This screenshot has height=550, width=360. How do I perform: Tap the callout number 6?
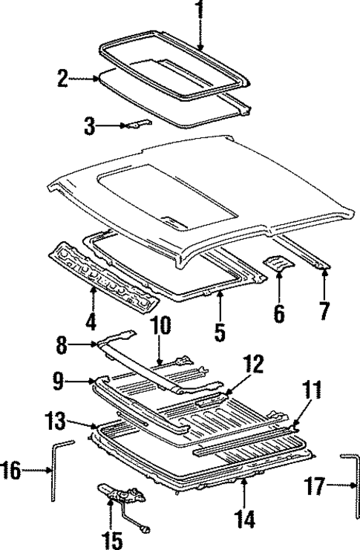[x=278, y=312]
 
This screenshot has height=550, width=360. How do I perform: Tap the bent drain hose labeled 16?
[x=54, y=475]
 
